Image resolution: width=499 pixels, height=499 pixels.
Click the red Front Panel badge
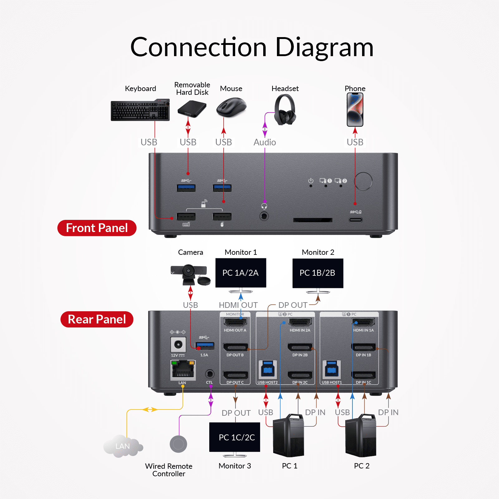coord(97,228)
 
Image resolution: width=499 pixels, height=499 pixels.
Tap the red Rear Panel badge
coord(97,319)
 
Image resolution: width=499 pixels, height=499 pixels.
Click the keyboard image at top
coord(140,110)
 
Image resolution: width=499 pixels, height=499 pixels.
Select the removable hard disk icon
coord(192,109)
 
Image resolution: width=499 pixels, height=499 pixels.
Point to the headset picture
coord(285,110)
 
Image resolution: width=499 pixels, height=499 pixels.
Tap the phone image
coord(355,109)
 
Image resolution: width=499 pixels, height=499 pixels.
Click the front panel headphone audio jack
coord(264,216)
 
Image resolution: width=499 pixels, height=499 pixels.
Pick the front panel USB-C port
coord(356,220)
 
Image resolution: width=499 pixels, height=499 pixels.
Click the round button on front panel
coord(363,181)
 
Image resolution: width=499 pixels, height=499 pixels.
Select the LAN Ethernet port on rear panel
coord(183,370)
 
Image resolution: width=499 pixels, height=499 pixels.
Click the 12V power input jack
coord(178,345)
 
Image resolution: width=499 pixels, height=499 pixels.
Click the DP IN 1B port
coord(363,347)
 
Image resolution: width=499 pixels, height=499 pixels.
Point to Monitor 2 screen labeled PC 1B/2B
coord(317,273)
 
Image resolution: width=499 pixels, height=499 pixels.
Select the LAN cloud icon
coord(123,446)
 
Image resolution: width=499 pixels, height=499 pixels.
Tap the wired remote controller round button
coord(178,444)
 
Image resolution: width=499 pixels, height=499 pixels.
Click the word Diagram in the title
coord(324,47)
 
